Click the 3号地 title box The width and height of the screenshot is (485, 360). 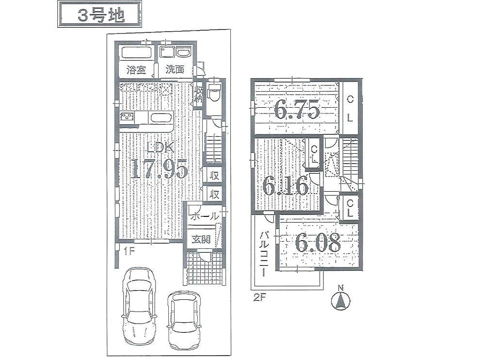coord(99,14)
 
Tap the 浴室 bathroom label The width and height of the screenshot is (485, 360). coord(136,70)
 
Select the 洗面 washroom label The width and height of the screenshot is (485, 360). coord(175,69)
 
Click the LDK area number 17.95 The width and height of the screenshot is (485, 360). coord(160,169)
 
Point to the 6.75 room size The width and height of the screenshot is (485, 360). coord(297,109)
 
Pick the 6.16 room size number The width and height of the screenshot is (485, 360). coord(286,185)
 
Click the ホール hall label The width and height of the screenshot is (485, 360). coord(205,216)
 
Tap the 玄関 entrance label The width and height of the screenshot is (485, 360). coord(201,239)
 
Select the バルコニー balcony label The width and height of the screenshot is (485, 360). coord(264,253)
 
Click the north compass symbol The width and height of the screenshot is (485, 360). coord(340,298)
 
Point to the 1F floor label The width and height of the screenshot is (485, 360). coord(129,251)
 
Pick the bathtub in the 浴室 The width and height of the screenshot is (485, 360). coord(136,52)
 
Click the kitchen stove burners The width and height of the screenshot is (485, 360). coord(127,117)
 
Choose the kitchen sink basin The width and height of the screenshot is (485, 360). coord(160,118)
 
